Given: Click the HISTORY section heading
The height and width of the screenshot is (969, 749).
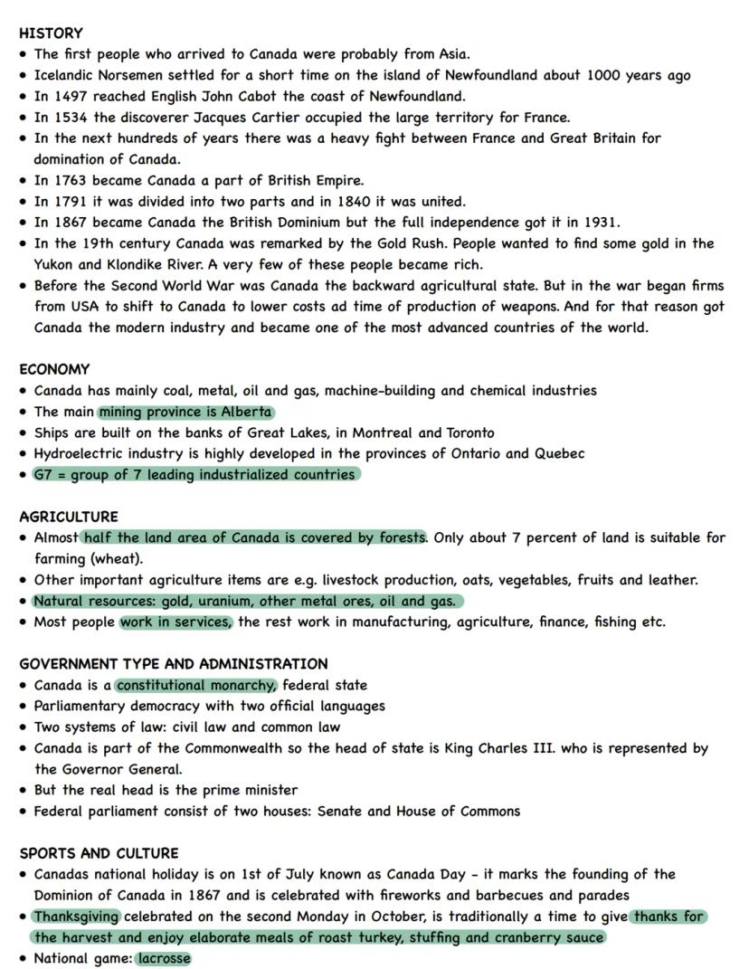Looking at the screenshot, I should pyautogui.click(x=51, y=33).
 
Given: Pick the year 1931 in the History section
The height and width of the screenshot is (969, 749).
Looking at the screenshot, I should pyautogui.click(x=600, y=222).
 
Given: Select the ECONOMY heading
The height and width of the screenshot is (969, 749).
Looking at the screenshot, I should pyautogui.click(x=54, y=369).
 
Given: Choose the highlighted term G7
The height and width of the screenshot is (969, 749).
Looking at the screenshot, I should pyautogui.click(x=43, y=474).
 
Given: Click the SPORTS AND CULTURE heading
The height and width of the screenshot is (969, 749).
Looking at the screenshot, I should pyautogui.click(x=99, y=853).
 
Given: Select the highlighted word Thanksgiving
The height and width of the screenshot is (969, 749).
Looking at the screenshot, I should pyautogui.click(x=77, y=917).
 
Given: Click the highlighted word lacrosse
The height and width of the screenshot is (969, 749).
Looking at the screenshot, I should pyautogui.click(x=165, y=958).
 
